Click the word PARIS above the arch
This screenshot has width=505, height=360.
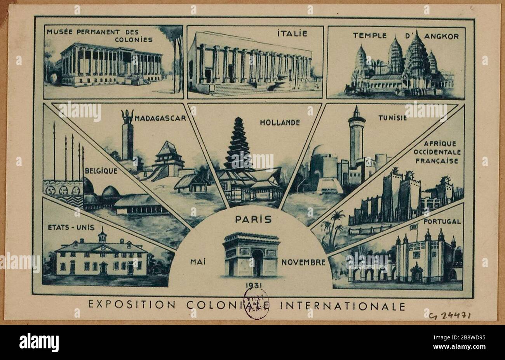point(253,219)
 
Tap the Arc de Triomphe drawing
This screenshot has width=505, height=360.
point(251,254)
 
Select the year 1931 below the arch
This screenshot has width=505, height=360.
point(253,286)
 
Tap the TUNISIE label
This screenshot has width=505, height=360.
point(392,118)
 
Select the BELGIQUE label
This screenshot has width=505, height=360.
point(101,170)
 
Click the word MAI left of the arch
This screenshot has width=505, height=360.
point(198,262)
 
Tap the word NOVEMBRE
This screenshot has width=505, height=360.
point(303,262)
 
